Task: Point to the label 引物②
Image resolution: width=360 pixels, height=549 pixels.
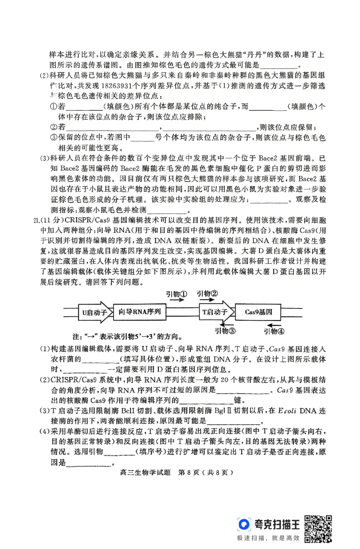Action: (208, 294)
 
